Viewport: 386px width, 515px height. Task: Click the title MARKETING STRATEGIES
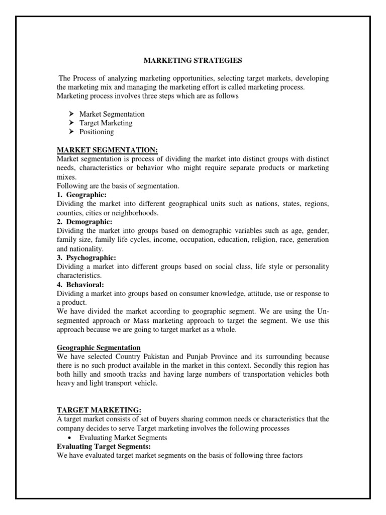193,60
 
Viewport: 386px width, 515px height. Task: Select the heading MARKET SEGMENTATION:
107,150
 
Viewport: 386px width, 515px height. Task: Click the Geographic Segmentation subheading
99,348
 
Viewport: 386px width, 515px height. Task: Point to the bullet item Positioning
96,132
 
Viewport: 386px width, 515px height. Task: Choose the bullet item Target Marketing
106,123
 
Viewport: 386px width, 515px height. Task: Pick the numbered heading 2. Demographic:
84,222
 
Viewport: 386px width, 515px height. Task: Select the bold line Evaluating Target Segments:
104,447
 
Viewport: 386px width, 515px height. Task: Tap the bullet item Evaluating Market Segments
123,438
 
